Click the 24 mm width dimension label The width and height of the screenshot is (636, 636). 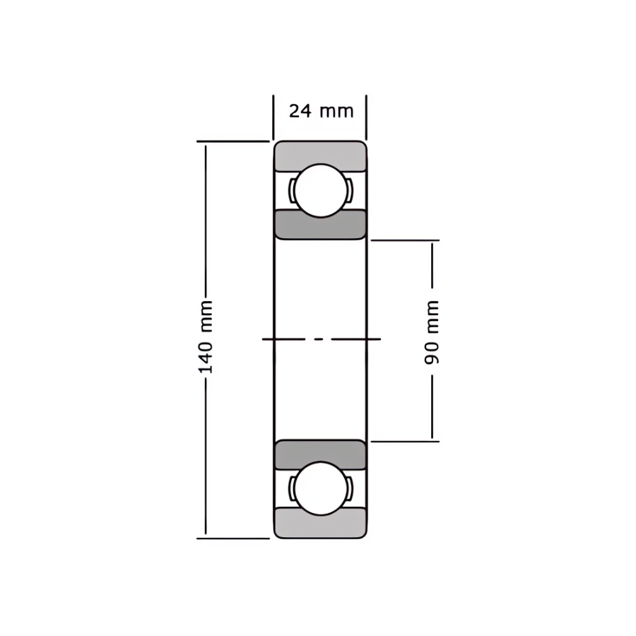pyautogui.click(x=322, y=111)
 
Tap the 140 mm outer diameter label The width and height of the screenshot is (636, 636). pyautogui.click(x=206, y=337)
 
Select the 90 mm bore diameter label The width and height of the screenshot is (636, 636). pyautogui.click(x=432, y=333)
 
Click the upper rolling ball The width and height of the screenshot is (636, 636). pyautogui.click(x=321, y=191)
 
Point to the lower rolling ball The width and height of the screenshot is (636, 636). pyautogui.click(x=321, y=488)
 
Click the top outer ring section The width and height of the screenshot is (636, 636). pyautogui.click(x=320, y=155)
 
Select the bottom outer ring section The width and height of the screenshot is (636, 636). pyautogui.click(x=320, y=523)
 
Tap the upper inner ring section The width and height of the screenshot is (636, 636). pyautogui.click(x=320, y=225)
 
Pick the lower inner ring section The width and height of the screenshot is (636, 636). pyautogui.click(x=320, y=454)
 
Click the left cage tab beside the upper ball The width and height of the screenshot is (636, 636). pyautogui.click(x=292, y=191)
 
